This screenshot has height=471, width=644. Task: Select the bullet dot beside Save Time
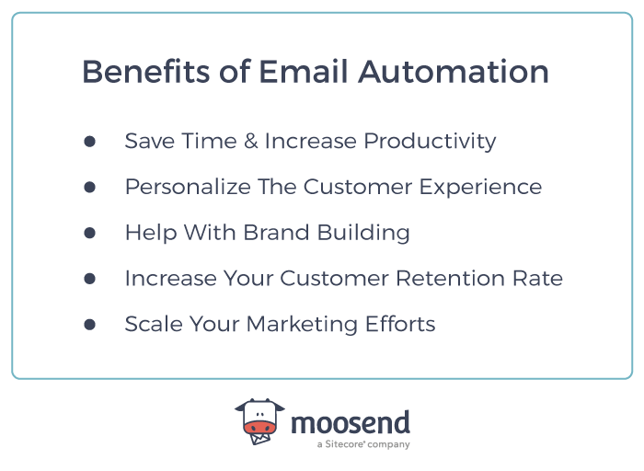click(89, 142)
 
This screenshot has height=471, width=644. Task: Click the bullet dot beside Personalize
click(89, 187)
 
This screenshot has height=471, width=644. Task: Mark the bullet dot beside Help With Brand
click(89, 233)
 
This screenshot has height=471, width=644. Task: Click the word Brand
click(270, 233)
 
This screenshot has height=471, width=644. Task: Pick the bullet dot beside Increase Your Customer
click(89, 278)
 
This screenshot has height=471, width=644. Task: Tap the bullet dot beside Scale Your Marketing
click(89, 324)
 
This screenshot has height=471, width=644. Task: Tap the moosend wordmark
click(351, 423)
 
